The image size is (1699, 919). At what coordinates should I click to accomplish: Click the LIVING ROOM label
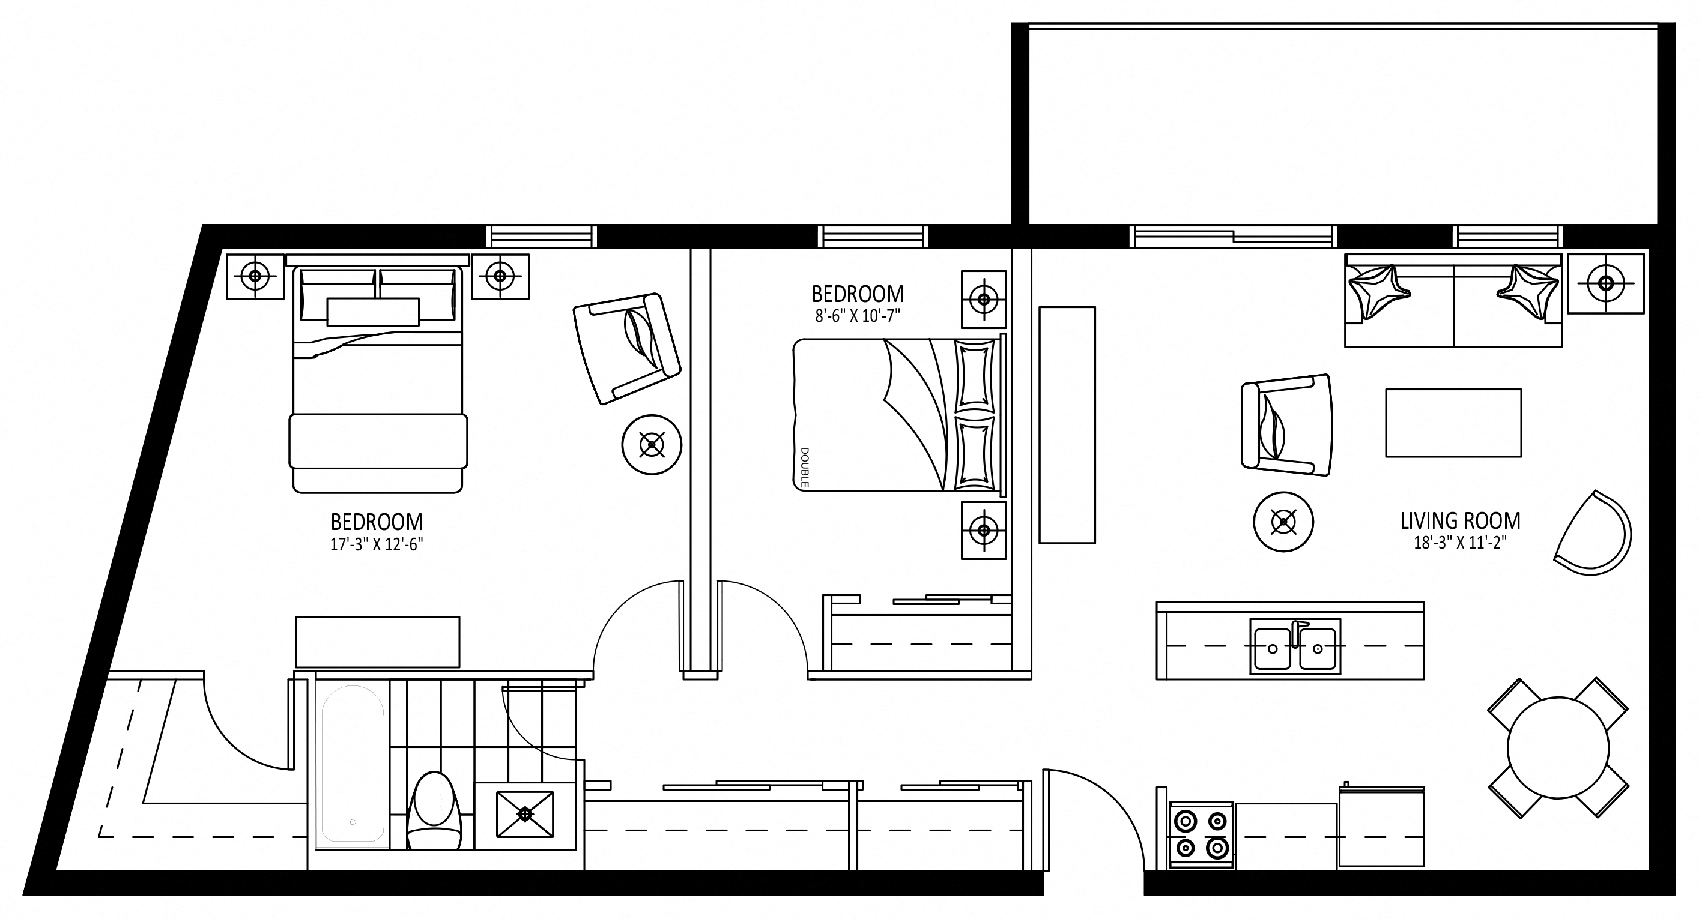(1460, 521)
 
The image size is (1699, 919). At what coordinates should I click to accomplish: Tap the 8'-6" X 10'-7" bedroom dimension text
(858, 316)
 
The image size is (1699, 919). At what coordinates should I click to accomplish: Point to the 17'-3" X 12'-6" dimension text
(377, 544)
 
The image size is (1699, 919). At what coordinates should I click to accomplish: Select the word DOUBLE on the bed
(805, 468)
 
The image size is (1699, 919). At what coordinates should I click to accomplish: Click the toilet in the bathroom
(434, 811)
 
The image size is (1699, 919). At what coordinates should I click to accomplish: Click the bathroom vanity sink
(525, 814)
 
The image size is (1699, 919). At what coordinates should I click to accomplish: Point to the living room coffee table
(1453, 423)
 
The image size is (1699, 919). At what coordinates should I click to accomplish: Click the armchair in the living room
(1286, 424)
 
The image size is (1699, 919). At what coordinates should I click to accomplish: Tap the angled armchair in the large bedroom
(626, 348)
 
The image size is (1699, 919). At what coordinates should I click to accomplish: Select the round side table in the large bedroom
(652, 444)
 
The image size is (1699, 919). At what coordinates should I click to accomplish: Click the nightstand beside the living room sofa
(1606, 283)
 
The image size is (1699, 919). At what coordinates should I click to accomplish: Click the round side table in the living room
(1283, 522)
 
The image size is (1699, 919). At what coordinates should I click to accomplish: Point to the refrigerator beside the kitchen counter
(1382, 827)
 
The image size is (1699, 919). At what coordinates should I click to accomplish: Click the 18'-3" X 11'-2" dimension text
(1460, 543)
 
